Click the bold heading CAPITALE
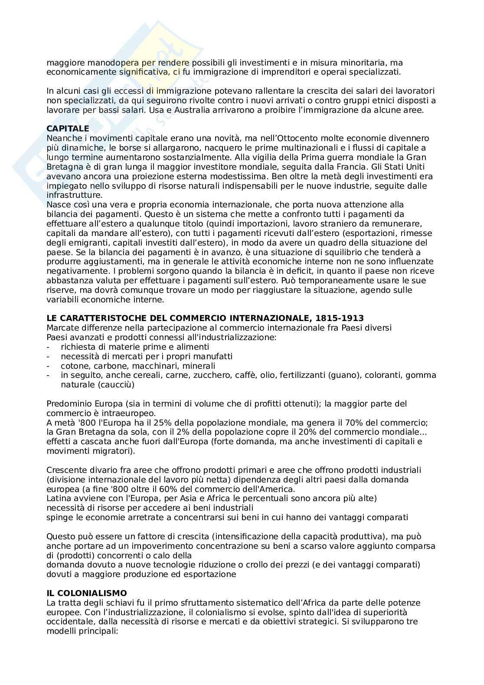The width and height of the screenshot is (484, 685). click(x=68, y=129)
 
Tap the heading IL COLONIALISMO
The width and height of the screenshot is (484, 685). click(x=87, y=593)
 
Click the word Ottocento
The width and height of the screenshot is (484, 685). click(x=301, y=138)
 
